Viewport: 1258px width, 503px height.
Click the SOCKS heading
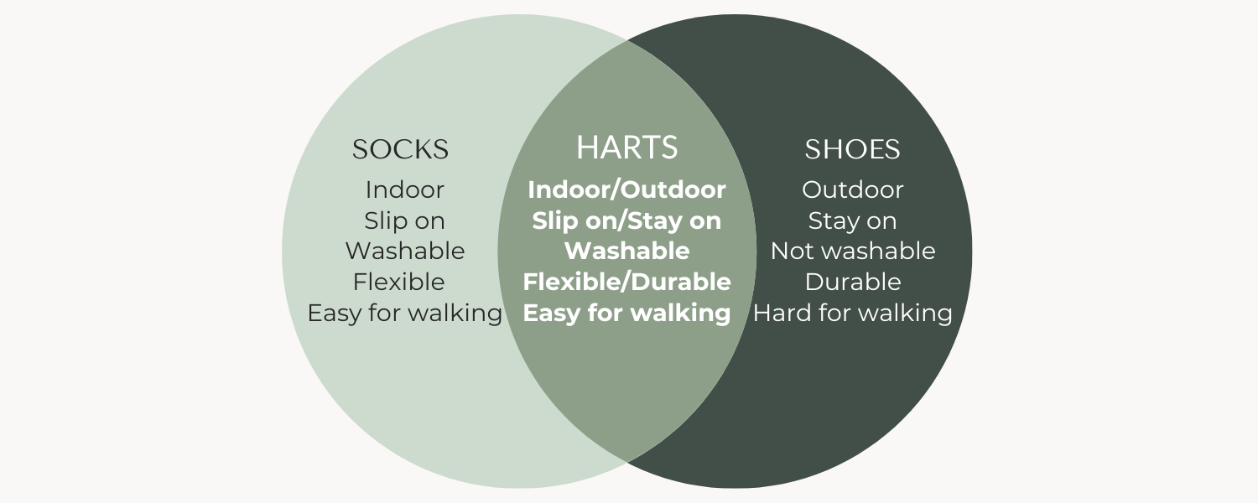(400, 149)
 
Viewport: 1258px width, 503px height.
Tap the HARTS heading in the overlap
(626, 147)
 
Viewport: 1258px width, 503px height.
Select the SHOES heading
(853, 149)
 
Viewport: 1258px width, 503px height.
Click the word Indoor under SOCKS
(404, 189)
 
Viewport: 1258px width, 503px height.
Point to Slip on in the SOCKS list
(404, 220)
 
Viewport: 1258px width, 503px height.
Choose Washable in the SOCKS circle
(405, 251)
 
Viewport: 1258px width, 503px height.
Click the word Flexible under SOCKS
(398, 282)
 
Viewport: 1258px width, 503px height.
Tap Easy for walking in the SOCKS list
(404, 313)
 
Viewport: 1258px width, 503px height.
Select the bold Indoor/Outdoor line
(626, 189)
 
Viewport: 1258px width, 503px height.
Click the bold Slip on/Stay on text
(626, 220)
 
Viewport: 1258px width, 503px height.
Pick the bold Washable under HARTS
(626, 251)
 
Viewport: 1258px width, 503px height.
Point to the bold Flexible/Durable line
(626, 282)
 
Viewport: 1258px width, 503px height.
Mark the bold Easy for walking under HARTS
(626, 313)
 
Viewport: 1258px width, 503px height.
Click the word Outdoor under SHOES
(853, 189)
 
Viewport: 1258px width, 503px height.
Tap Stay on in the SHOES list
(853, 220)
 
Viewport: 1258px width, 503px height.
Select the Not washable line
(853, 251)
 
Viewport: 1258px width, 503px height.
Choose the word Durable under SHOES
(853, 282)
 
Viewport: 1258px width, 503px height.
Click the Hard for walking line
(853, 313)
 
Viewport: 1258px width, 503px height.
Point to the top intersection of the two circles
(627, 41)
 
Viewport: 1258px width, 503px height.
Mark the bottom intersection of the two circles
(627, 461)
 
